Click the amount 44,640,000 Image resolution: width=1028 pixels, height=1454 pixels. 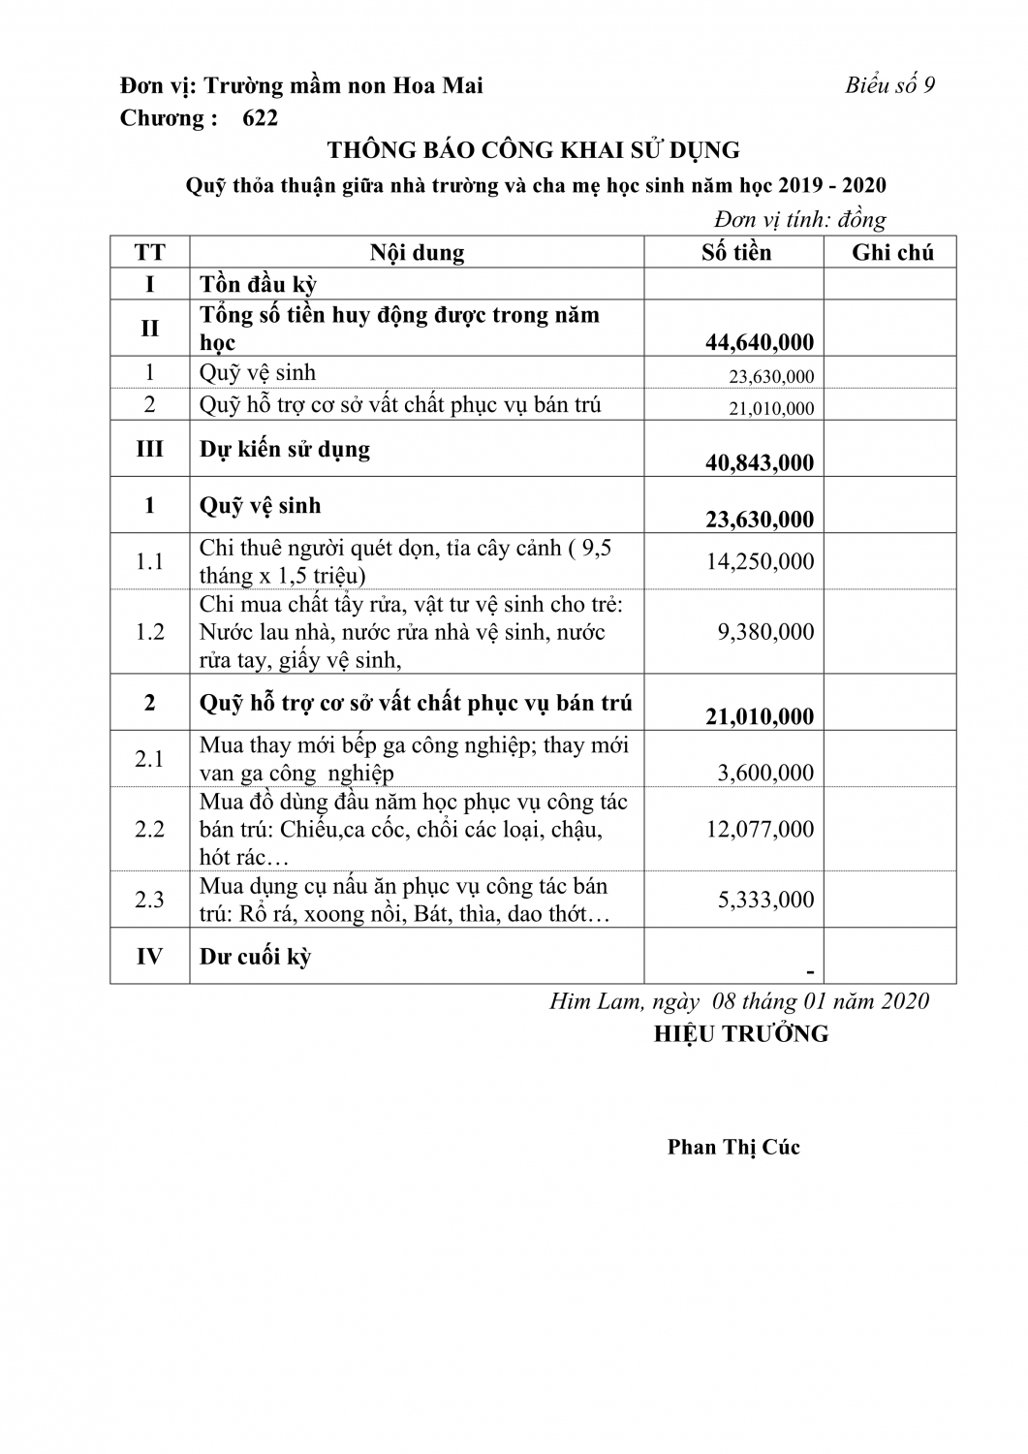click(x=760, y=342)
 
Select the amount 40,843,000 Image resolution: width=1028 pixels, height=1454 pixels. click(x=760, y=462)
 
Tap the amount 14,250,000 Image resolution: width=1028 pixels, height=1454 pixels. click(x=760, y=561)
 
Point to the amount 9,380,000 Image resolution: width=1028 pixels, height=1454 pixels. click(x=765, y=631)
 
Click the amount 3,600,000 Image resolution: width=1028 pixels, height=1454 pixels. click(x=765, y=773)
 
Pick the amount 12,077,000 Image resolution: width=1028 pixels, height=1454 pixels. click(x=760, y=829)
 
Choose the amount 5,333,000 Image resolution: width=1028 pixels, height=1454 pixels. click(x=765, y=900)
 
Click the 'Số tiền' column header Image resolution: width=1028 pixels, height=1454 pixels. click(x=736, y=252)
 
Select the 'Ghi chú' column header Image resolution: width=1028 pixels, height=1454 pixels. click(x=892, y=253)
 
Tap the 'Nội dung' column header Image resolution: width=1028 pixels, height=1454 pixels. click(x=417, y=253)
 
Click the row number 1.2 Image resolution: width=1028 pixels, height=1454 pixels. click(x=149, y=631)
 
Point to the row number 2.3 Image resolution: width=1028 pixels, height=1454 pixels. click(x=149, y=900)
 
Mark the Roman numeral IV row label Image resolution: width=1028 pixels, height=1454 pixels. click(x=149, y=956)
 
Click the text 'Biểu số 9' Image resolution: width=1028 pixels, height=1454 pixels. click(x=889, y=85)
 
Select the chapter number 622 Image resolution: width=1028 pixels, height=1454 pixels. click(x=260, y=118)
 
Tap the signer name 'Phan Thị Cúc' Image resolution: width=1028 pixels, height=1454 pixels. click(x=733, y=1148)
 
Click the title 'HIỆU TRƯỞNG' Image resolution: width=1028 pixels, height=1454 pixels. click(x=741, y=1034)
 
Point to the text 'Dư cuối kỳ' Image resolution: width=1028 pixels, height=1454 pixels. click(x=255, y=956)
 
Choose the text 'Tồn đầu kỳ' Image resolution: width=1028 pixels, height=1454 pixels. click(x=258, y=284)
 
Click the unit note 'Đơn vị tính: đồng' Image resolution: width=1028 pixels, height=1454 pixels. click(x=800, y=220)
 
